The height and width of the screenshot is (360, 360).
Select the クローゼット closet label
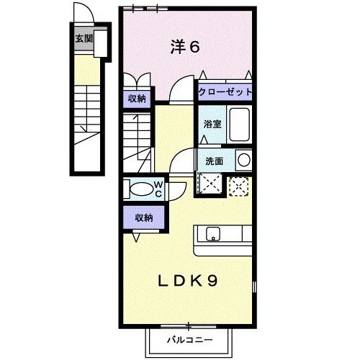(x=226, y=93)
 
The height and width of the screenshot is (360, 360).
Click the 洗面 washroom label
(x=215, y=161)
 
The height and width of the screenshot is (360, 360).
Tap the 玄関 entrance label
(x=84, y=38)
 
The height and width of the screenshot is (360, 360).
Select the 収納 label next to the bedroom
(x=138, y=99)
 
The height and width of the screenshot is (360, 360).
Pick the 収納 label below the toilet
(x=138, y=215)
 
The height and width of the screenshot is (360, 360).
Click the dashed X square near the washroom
(x=238, y=185)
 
